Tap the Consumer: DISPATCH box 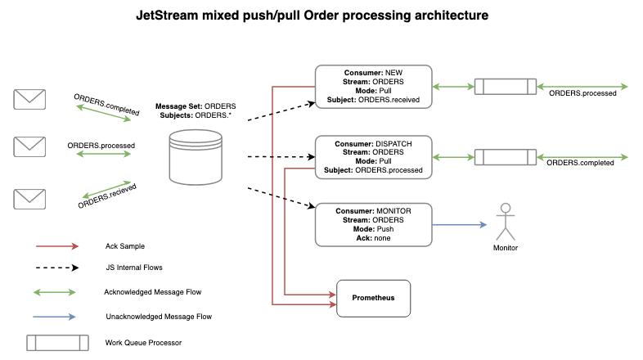tap(374, 157)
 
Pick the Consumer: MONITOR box tap(374, 224)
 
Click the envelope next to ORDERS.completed tap(29, 99)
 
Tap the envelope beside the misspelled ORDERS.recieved tap(29, 198)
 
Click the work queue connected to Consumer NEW tap(506, 87)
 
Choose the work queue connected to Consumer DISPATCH tap(506, 156)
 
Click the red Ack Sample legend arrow tap(56, 245)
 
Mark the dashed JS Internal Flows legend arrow tap(56, 268)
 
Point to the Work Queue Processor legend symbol tap(56, 342)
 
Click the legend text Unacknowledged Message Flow tap(159, 317)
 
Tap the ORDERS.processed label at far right tap(582, 94)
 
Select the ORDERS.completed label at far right tap(580, 164)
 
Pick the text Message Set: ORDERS tap(196, 106)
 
